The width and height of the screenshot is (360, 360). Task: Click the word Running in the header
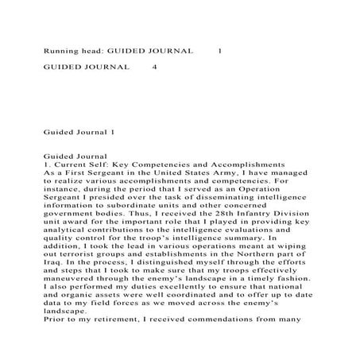pyautogui.click(x=61, y=50)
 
